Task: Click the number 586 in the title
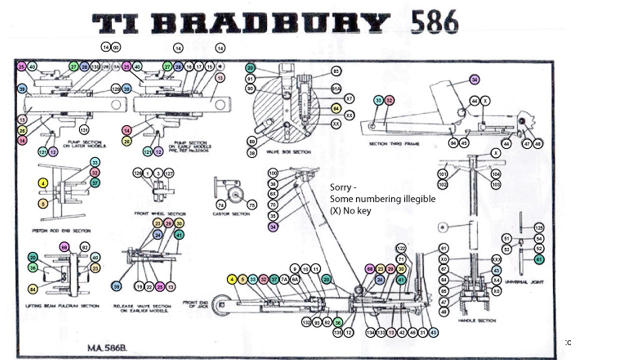click(x=434, y=22)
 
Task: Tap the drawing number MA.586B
click(x=107, y=346)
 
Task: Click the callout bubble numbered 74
click(x=220, y=204)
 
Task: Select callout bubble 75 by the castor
click(x=252, y=204)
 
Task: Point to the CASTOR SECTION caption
click(x=230, y=214)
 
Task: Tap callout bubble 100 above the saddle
click(x=272, y=173)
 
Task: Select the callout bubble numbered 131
click(x=84, y=130)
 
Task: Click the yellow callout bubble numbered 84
click(x=33, y=289)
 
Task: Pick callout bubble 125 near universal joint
click(x=538, y=227)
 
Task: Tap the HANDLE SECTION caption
click(x=477, y=320)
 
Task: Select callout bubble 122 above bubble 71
click(x=401, y=248)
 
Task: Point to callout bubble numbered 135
click(x=338, y=332)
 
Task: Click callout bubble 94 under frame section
click(x=453, y=143)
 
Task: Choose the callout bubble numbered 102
click(x=443, y=184)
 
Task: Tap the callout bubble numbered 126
click(x=137, y=173)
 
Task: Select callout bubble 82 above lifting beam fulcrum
click(x=84, y=247)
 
